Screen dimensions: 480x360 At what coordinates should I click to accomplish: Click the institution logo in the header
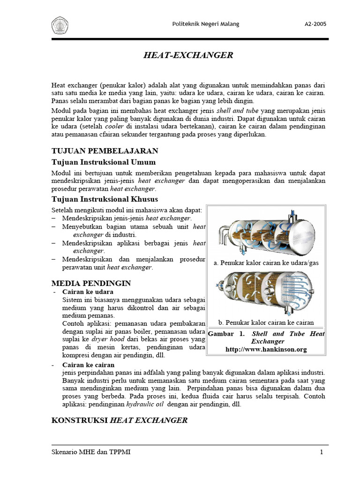point(60,24)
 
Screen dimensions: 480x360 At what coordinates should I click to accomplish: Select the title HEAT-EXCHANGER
point(188,55)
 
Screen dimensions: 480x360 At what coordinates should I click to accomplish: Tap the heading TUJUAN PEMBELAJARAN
point(105,150)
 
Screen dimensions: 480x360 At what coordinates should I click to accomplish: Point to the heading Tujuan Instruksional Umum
point(103,162)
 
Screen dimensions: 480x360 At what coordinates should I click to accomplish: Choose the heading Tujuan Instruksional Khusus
point(105,200)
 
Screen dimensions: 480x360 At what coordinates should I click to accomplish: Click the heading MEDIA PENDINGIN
point(91,283)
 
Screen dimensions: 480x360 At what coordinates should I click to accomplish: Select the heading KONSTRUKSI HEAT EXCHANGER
point(119,420)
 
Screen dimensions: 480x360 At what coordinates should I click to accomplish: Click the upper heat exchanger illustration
point(266,232)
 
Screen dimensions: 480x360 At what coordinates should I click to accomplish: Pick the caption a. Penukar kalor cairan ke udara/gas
point(266,263)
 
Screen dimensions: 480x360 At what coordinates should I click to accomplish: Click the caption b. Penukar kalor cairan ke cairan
point(266,322)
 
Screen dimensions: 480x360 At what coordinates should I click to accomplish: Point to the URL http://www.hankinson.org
point(266,349)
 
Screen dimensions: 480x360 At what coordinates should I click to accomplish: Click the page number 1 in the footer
point(322,452)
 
